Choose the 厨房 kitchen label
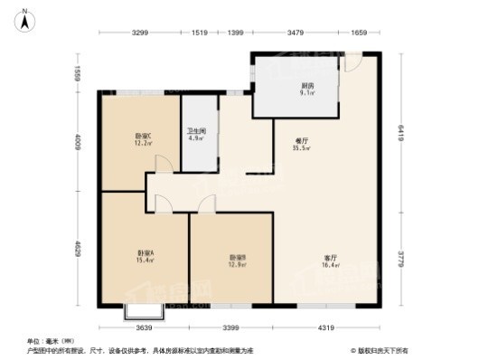point(308,86)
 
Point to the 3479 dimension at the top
point(294,33)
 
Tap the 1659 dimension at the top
point(359,33)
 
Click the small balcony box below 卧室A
point(143,313)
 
